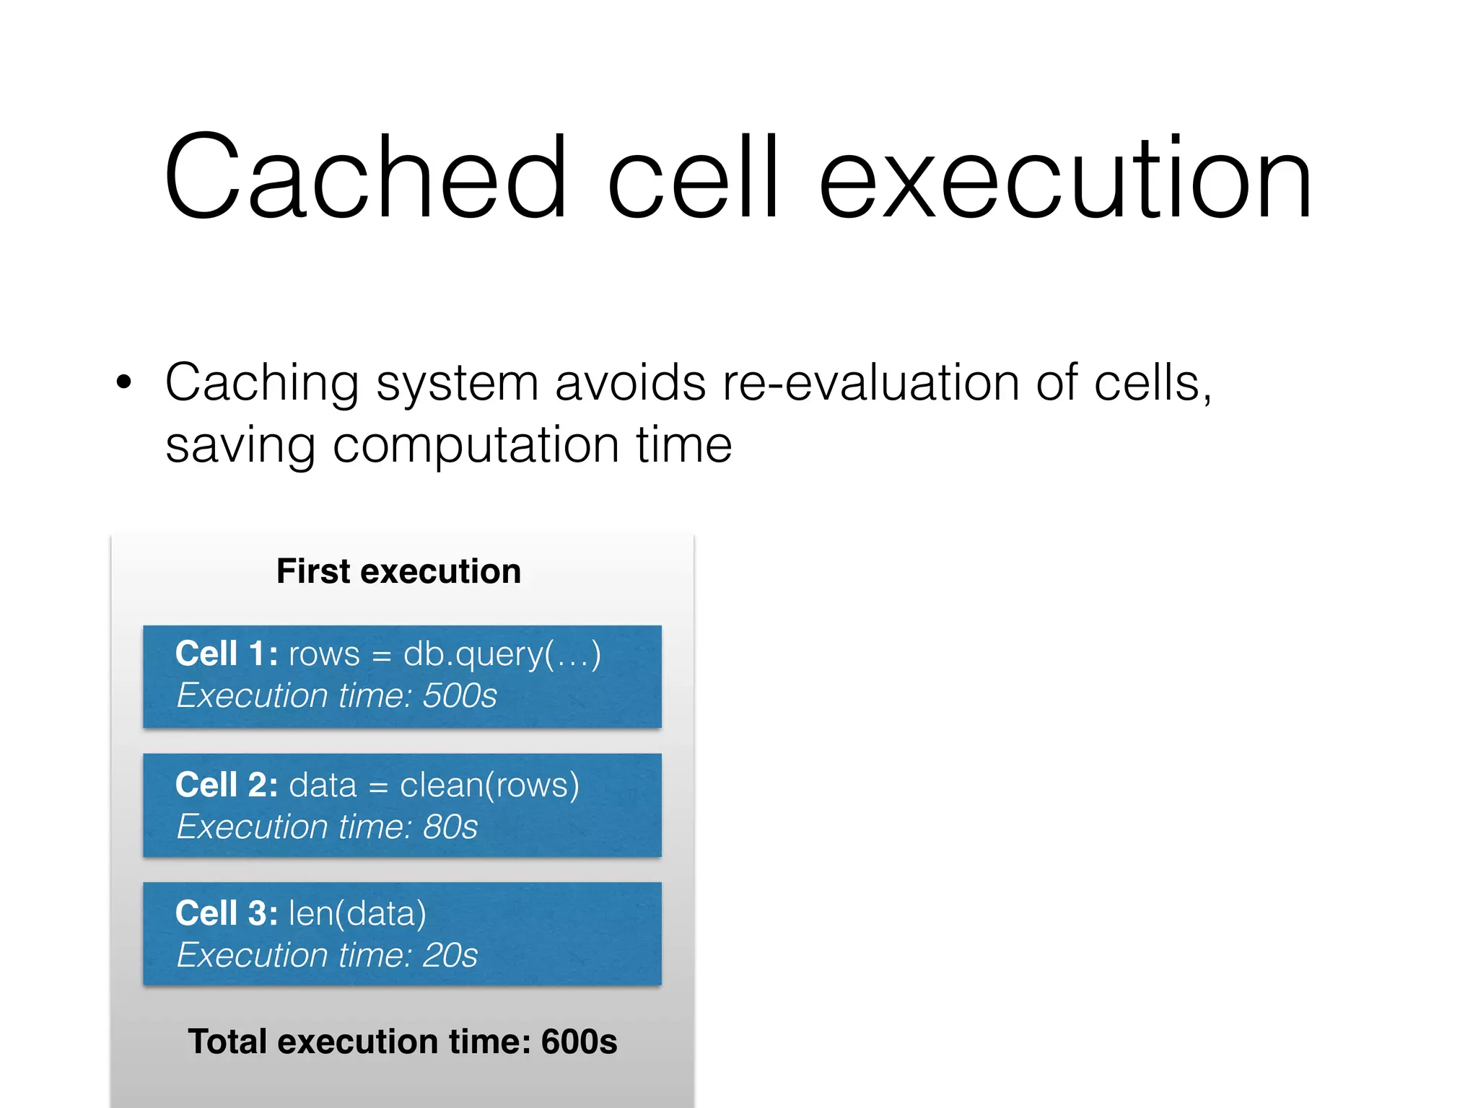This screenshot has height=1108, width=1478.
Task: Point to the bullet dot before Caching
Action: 124,382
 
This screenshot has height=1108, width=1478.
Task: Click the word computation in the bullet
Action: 476,444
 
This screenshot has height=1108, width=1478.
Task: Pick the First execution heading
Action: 398,571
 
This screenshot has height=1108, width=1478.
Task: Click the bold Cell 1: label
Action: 226,654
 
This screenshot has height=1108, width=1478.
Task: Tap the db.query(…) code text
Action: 502,654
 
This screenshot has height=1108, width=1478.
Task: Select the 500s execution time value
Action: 460,696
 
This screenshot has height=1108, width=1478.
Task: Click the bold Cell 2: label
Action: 226,785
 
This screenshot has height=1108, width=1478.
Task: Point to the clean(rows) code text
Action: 489,785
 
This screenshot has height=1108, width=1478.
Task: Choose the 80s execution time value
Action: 450,827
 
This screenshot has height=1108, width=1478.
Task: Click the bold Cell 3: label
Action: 226,913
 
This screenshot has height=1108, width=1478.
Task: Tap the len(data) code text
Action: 357,913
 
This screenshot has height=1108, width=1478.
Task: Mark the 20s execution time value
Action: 450,955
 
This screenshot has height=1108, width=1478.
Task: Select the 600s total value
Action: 579,1042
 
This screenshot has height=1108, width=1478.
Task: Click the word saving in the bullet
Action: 240,446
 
